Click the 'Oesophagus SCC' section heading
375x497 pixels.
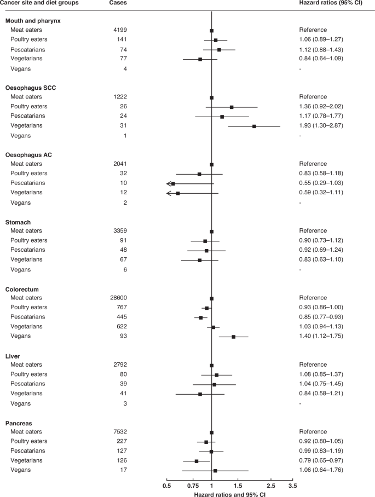pyautogui.click(x=31, y=88)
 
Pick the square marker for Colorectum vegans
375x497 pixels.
pyautogui.click(x=234, y=337)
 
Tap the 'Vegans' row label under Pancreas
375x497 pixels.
pyautogui.click(x=21, y=471)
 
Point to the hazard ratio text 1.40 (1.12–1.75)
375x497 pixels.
pyautogui.click(x=323, y=337)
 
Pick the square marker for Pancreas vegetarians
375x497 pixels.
pyautogui.click(x=197, y=461)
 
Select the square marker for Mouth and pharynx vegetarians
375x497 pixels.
pyautogui.click(x=200, y=59)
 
